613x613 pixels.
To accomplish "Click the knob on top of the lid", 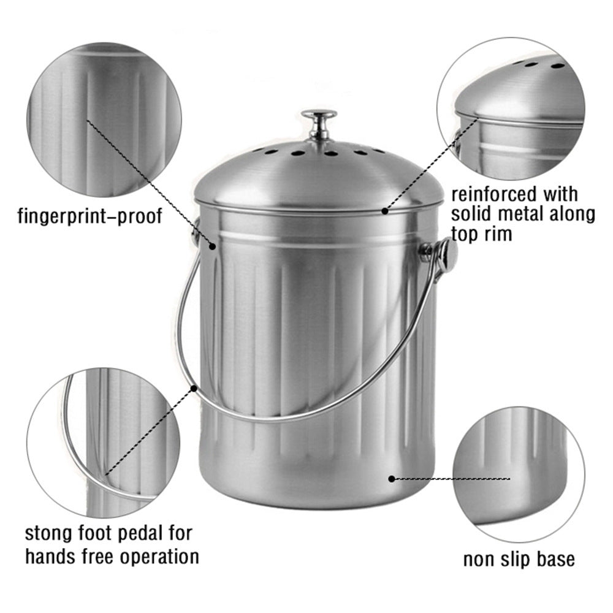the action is (319, 124).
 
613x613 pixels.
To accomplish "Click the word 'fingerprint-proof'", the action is (90, 216).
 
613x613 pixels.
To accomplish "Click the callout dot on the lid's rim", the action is (385, 211).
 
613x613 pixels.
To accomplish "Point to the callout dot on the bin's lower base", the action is (392, 479).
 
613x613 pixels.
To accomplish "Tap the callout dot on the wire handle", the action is (194, 388).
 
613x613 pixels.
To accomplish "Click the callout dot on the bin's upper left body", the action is (213, 246).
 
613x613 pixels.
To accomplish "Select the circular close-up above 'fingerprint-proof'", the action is (104, 120).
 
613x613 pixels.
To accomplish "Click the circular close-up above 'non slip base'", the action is (519, 474).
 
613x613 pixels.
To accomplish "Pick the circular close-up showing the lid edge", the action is (511, 109).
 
